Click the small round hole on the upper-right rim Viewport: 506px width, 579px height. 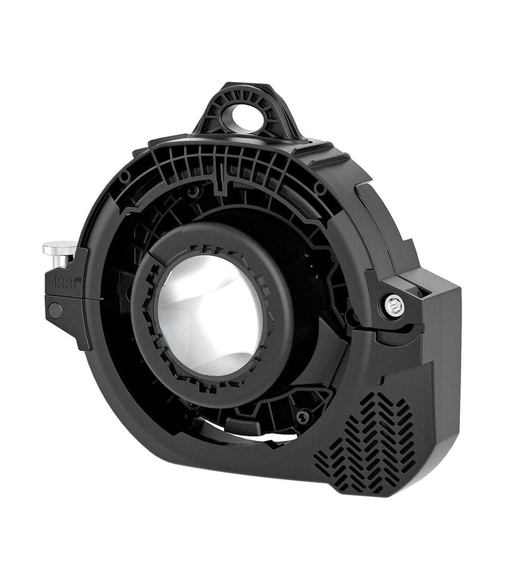pos(321,187)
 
